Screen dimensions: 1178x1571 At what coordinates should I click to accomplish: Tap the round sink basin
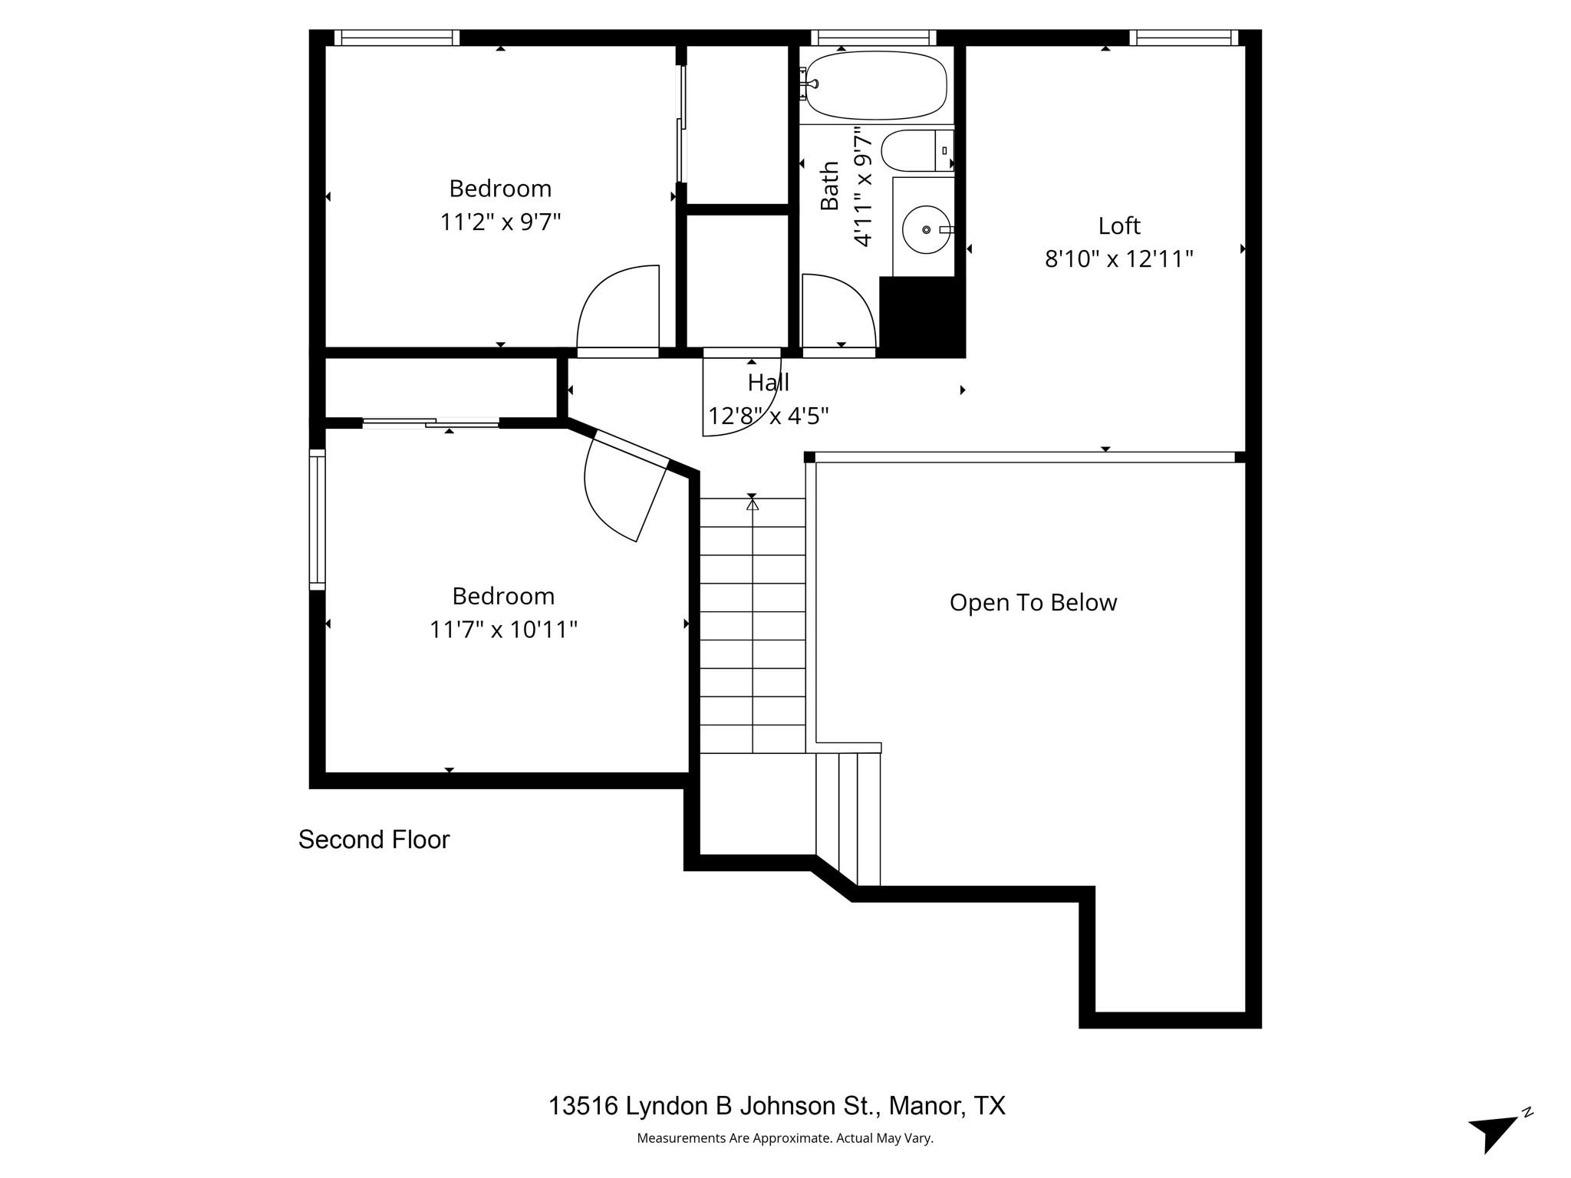tap(927, 229)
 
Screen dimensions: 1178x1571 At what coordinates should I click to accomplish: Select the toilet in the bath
tap(914, 150)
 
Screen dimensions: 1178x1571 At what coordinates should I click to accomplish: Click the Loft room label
tap(1118, 225)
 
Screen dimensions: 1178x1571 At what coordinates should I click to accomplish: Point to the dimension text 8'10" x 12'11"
tap(1118, 259)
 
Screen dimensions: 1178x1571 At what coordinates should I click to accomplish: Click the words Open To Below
tap(1033, 602)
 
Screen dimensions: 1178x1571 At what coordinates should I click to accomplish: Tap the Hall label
tap(768, 382)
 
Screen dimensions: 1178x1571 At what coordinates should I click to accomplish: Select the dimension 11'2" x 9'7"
tap(500, 222)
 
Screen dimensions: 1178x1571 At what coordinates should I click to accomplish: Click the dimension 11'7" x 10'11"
tap(502, 630)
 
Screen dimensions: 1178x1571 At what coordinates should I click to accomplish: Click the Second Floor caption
tap(374, 839)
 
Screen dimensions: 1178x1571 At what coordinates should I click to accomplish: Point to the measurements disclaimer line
tap(785, 1138)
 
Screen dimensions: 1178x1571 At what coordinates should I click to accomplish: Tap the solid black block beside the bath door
tap(921, 316)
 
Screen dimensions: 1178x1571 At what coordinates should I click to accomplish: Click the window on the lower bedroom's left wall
tap(317, 519)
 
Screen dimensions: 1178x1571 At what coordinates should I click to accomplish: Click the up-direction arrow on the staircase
tap(752, 504)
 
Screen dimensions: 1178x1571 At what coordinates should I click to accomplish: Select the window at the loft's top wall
tap(1184, 38)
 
